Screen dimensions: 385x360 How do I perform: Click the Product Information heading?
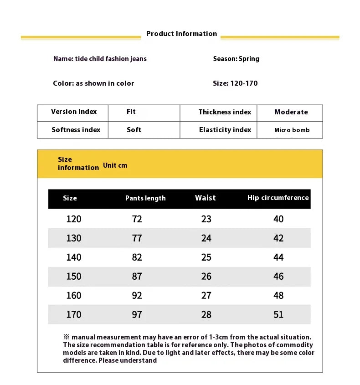[181, 34]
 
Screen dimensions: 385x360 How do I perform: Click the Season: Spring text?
[236, 59]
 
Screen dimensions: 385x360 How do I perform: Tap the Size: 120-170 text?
[235, 83]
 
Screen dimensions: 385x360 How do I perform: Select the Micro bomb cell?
[292, 130]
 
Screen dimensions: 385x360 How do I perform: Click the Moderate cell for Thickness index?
[291, 112]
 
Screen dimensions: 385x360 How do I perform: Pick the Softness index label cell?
[76, 130]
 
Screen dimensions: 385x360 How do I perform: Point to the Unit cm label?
[115, 165]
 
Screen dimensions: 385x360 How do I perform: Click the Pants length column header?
[145, 198]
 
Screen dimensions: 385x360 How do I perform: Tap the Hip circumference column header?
[278, 198]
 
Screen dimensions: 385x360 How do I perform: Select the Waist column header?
[206, 198]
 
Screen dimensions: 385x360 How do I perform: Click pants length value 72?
[137, 219]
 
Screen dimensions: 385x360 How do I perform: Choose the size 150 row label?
[74, 277]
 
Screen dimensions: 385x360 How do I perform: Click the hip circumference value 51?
[278, 315]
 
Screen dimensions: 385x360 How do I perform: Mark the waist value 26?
[206, 277]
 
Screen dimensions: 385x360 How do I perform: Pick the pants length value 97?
[137, 315]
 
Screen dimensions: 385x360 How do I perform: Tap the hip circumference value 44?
[278, 257]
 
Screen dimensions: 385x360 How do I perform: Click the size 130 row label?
[74, 238]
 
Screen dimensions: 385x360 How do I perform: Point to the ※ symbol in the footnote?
[66, 337]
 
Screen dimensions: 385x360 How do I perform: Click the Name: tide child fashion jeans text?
[100, 59]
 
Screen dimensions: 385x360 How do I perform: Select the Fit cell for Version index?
[131, 112]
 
